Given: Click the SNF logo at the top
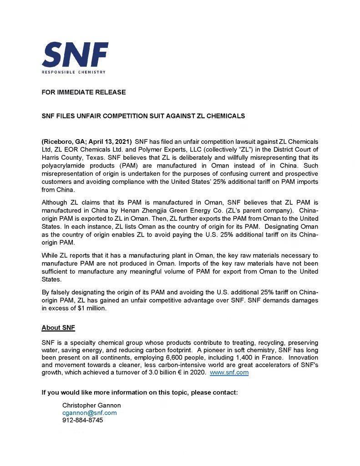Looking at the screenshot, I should pos(75,54).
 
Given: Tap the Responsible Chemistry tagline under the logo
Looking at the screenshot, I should pos(73,72).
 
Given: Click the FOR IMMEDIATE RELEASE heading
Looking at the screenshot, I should pos(84,92).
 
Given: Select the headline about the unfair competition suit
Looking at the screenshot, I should pos(143,116).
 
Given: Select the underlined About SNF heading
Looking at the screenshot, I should pos(58,328).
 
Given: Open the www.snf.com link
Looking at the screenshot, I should pos(229,372).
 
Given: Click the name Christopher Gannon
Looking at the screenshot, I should pos(91,405).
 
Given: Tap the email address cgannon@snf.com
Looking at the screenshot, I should pos(89,413).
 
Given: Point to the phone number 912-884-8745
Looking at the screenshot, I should pos(82,420).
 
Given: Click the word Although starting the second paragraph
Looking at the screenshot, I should pos(55,202).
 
